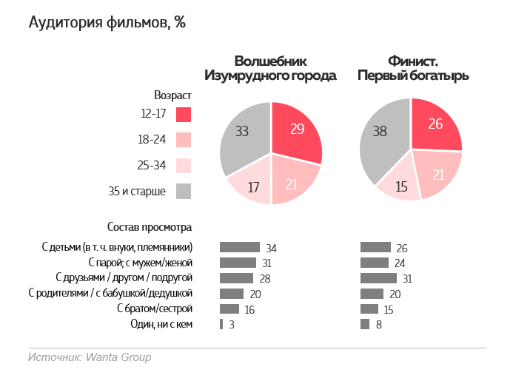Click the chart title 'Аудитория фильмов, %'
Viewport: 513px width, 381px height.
click(x=107, y=23)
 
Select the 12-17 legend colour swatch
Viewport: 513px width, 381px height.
click(x=184, y=114)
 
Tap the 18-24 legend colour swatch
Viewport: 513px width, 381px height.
click(x=184, y=140)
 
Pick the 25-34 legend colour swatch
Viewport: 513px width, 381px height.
click(x=184, y=165)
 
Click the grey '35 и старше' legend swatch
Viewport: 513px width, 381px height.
click(x=184, y=191)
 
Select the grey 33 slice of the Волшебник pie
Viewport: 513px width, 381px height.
click(x=243, y=137)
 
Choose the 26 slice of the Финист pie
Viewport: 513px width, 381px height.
click(x=435, y=127)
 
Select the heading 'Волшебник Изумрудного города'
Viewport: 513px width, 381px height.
click(x=271, y=68)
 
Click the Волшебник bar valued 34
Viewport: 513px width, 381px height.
click(x=240, y=247)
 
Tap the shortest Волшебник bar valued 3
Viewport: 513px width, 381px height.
click(x=221, y=324)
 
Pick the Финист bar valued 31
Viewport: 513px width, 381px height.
click(x=378, y=278)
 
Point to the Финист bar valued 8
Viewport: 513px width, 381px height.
click(x=365, y=324)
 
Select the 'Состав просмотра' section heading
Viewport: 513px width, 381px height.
click(x=150, y=226)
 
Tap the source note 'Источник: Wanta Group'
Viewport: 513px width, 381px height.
click(x=90, y=357)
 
